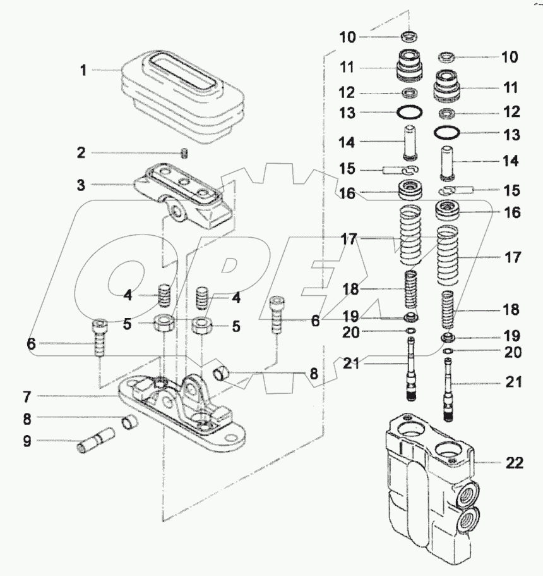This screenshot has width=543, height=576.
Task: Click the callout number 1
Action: click(83, 70)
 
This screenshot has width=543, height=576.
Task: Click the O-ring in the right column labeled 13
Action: click(448, 134)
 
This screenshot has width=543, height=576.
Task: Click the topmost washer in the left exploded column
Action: click(410, 36)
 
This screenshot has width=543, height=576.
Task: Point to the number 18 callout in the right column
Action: click(511, 310)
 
